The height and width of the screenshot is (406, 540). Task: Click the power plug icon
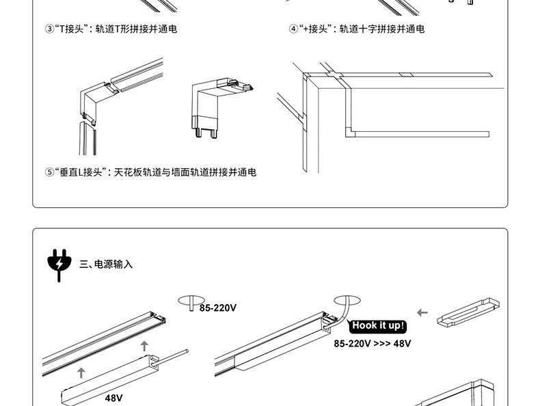[59, 265]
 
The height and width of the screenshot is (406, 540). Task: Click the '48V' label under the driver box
[114, 397]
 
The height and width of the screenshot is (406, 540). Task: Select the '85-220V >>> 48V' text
[373, 343]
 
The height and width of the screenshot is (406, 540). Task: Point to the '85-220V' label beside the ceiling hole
[218, 308]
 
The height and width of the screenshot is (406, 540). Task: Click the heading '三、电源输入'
[106, 264]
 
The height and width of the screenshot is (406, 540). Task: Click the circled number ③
[49, 29]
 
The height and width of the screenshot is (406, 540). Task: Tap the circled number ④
[294, 29]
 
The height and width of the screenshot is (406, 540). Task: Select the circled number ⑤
[49, 172]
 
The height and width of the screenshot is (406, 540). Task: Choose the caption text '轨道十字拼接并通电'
[382, 29]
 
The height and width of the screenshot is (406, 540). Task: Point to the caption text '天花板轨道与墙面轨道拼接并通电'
[185, 172]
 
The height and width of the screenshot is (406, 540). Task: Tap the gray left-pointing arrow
[422, 313]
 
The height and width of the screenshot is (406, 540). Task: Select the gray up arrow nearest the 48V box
[81, 373]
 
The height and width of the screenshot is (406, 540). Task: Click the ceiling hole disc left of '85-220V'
[192, 301]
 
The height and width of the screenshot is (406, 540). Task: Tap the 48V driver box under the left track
[109, 380]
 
